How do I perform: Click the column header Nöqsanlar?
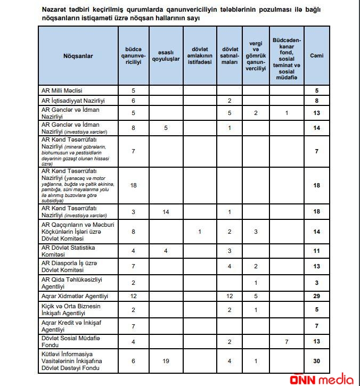(x=78, y=55)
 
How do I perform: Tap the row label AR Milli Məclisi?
(x=62, y=91)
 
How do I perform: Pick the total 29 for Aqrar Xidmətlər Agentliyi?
(x=316, y=296)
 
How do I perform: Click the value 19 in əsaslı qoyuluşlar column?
(x=166, y=361)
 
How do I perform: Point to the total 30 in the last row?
(x=316, y=361)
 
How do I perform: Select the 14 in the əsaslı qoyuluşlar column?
(x=166, y=212)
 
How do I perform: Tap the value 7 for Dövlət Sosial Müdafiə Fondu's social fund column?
(x=287, y=342)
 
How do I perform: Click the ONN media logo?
(x=322, y=377)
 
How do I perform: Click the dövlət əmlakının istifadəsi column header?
(x=199, y=55)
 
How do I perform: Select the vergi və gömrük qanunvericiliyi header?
(x=256, y=55)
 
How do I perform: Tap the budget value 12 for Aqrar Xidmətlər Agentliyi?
(x=133, y=296)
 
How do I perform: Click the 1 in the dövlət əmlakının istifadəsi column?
(x=199, y=232)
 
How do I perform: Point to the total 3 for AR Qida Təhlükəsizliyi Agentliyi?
(x=316, y=282)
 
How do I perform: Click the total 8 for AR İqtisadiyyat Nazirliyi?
(x=316, y=101)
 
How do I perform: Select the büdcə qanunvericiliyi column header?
(x=133, y=55)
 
